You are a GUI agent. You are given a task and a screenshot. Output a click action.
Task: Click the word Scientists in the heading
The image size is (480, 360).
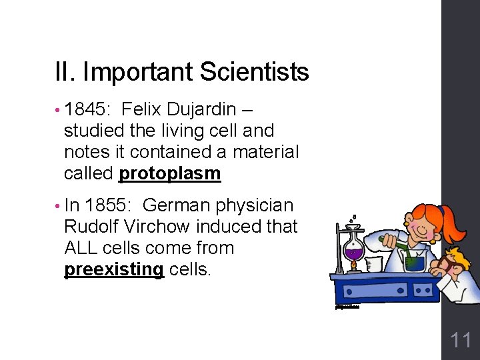[x=260, y=72]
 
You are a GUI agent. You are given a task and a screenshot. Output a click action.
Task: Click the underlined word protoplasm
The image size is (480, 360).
[x=169, y=173]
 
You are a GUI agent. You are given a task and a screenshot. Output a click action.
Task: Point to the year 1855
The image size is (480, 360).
[x=109, y=205]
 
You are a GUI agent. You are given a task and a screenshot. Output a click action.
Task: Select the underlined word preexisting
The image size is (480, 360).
[x=113, y=269]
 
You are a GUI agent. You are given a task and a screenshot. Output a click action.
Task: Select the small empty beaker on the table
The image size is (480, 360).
[x=373, y=264]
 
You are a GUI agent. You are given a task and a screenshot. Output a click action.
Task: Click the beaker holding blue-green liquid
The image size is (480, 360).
[x=415, y=261]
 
